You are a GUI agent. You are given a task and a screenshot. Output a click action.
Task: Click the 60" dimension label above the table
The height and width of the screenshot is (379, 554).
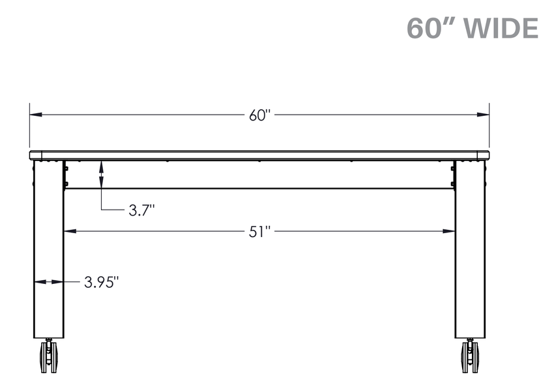[259, 115]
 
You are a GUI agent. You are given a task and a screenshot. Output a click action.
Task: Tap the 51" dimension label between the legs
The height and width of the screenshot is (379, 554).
[259, 232]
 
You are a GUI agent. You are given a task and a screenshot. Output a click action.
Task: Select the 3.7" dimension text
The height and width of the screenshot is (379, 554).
[141, 211]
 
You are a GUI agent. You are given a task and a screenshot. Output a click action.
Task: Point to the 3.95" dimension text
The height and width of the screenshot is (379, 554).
[102, 283]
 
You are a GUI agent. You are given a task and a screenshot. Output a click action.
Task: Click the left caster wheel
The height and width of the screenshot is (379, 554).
[48, 356]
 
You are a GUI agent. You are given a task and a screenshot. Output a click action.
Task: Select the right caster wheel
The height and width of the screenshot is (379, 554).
[470, 356]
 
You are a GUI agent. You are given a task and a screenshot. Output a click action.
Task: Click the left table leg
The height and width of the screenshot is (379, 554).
[49, 249]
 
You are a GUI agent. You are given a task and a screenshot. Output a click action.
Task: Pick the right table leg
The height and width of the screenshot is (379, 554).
[471, 249]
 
